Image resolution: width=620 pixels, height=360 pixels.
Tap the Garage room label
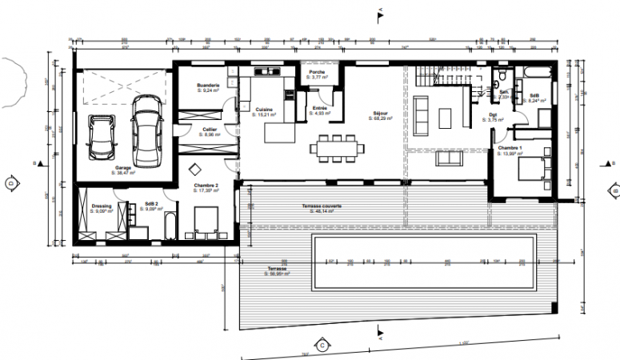click(x=122, y=169)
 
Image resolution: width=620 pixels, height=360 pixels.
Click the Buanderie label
click(x=209, y=86)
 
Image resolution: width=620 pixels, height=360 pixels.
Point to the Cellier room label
click(x=210, y=130)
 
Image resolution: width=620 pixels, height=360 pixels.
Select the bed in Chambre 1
click(x=531, y=169)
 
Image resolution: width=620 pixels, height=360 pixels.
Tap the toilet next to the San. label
click(x=499, y=78)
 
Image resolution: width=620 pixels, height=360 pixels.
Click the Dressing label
click(x=101, y=206)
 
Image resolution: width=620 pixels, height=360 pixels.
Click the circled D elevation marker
click(x=10, y=182)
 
